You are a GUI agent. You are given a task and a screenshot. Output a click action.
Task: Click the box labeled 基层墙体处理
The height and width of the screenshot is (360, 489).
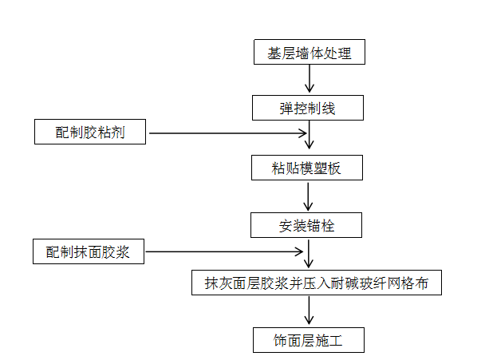coord(307,53)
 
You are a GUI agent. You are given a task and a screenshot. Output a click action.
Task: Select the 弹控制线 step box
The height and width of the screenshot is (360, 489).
coord(307,108)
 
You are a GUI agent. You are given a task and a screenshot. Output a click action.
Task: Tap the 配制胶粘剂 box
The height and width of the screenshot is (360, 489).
coord(90,133)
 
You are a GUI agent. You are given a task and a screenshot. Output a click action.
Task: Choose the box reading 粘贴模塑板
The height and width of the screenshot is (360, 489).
coord(307,168)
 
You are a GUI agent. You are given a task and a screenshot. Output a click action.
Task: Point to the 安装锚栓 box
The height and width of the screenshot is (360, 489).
coord(307,225)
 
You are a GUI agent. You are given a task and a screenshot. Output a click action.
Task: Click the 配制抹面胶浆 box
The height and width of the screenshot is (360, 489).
coord(90,252)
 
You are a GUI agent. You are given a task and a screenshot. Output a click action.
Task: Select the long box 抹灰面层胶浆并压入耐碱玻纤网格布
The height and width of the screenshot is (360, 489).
coord(317,283)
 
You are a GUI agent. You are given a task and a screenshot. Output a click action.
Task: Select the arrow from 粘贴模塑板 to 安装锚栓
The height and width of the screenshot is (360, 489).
coord(310,196)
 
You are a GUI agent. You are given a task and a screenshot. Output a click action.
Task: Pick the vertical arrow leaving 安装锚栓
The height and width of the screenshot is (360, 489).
coord(310,254)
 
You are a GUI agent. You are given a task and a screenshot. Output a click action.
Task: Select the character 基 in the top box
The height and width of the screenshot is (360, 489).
coord(273,53)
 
